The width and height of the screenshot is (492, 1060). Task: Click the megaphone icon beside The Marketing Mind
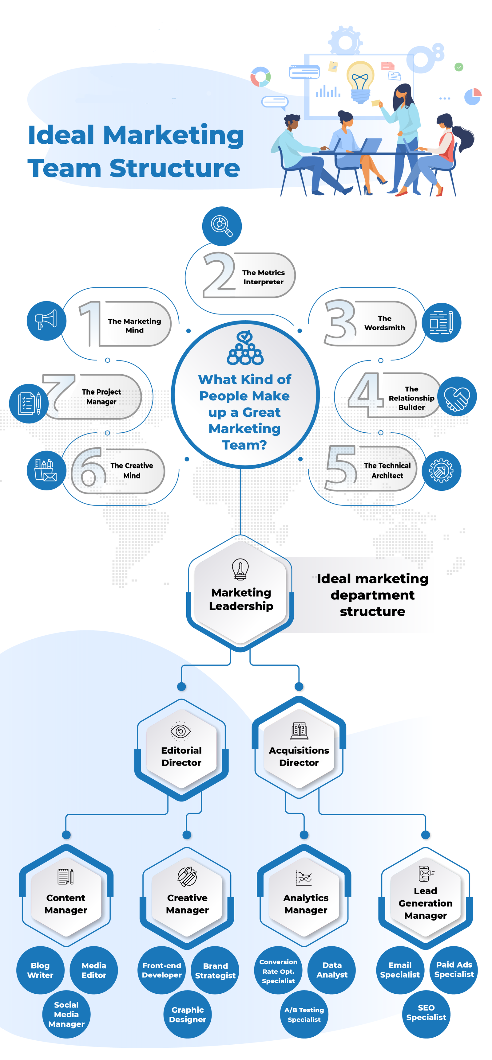46,321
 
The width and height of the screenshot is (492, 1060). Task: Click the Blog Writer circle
40,970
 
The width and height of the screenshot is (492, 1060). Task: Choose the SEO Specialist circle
426,1013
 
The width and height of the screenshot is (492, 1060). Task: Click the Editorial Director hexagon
181,750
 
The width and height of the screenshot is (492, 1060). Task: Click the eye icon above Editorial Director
181,731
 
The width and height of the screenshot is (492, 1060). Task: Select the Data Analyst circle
332,970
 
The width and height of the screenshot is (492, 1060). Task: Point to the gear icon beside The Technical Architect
441,471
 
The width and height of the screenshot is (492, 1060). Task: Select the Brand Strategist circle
215,970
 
